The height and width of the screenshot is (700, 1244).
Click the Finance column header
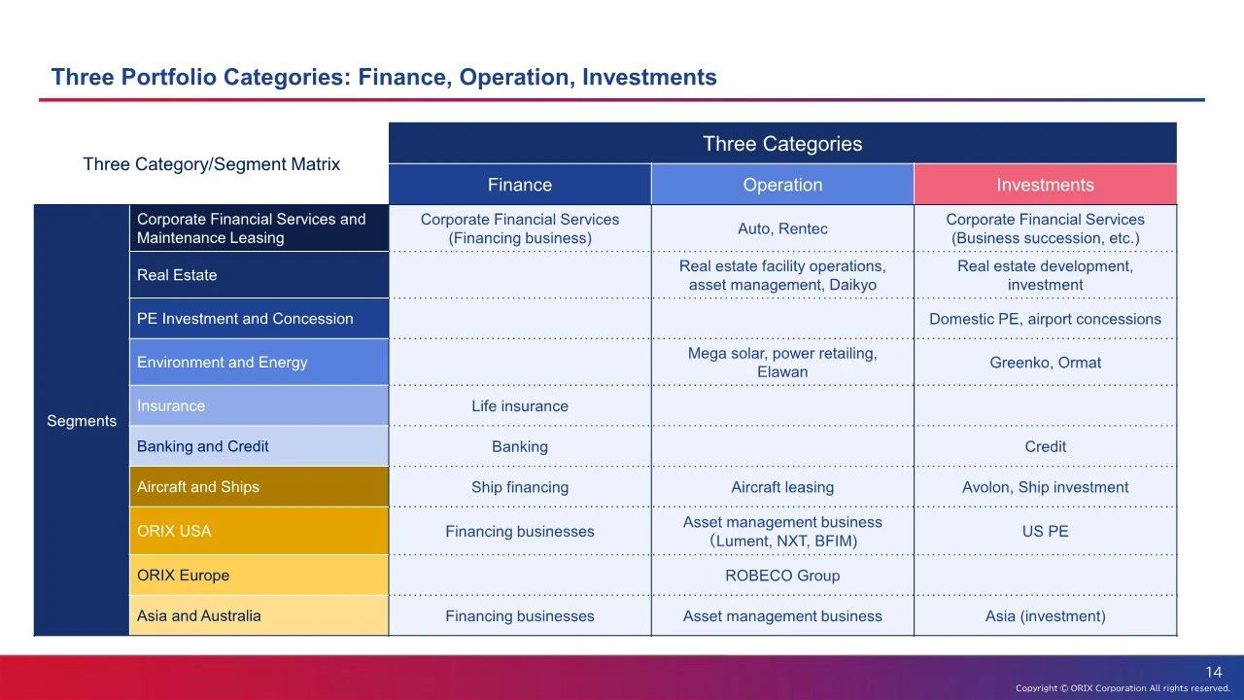tap(520, 185)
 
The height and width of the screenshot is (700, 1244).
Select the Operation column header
tap(782, 185)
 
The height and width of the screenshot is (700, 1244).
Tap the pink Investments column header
tap(1045, 185)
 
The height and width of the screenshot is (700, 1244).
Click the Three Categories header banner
tap(782, 143)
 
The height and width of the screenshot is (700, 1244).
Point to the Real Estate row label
tap(259, 275)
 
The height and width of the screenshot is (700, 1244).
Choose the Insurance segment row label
tap(259, 406)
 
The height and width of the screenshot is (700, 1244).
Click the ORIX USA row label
tap(259, 531)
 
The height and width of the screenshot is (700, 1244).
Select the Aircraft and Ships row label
tap(259, 487)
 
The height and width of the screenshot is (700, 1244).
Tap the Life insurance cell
tap(520, 406)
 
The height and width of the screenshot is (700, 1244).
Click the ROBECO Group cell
tap(782, 576)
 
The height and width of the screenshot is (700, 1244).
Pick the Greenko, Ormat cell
tap(1045, 363)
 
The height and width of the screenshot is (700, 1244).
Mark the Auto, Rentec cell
tap(782, 228)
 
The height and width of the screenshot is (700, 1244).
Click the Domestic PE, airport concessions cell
tap(1045, 319)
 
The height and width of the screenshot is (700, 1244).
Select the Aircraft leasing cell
tap(782, 487)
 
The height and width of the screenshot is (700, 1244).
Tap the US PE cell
tap(1045, 531)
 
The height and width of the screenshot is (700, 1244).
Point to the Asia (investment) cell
tap(1045, 616)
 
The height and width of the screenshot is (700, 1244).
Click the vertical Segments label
tap(82, 421)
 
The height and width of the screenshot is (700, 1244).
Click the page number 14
tap(1214, 672)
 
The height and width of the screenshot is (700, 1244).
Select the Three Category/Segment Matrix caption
tap(212, 164)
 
